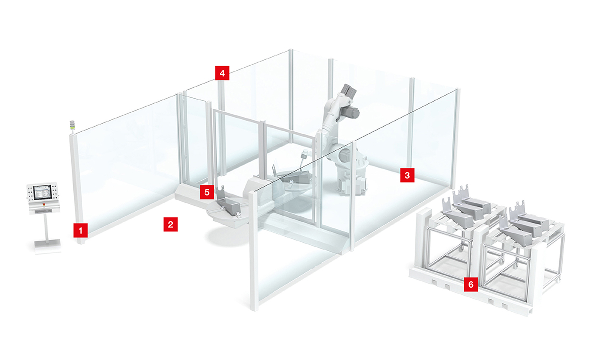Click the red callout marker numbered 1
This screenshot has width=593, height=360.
(80, 230)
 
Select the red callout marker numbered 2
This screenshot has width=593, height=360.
(170, 224)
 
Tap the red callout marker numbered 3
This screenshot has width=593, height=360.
(407, 175)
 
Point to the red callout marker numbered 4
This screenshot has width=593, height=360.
(222, 73)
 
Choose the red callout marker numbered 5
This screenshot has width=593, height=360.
(207, 192)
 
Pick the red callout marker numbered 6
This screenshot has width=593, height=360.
(471, 284)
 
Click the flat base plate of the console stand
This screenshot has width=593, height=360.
(47, 246)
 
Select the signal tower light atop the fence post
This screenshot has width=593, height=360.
(72, 125)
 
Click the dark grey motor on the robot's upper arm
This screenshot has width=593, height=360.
(351, 112)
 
